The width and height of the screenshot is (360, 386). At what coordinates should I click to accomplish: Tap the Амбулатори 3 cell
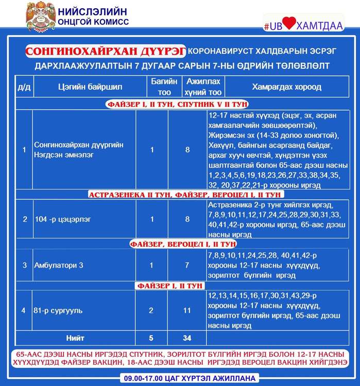pyautogui.click(x=58, y=266)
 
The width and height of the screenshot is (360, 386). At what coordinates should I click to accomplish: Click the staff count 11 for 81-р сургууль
pyautogui.click(x=187, y=311)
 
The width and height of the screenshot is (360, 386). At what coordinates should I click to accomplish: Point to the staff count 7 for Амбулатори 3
pyautogui.click(x=187, y=266)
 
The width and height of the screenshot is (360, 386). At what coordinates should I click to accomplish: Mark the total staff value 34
pyautogui.click(x=187, y=338)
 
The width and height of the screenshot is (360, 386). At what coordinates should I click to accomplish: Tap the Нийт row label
pyautogui.click(x=75, y=338)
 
